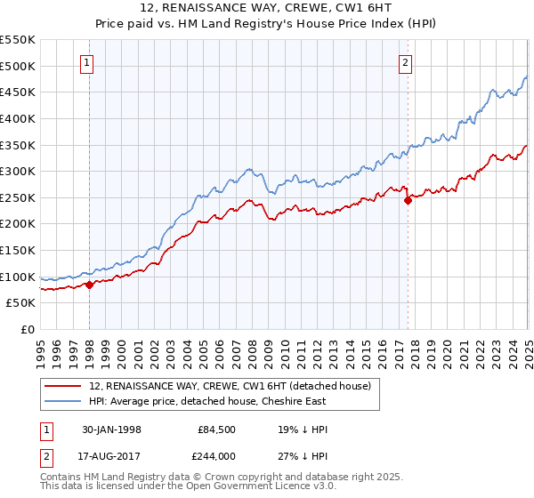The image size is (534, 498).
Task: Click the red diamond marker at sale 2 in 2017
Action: [x=408, y=200]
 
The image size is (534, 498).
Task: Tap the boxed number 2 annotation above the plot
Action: [x=405, y=62]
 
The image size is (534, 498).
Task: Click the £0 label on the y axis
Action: [x=28, y=329]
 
